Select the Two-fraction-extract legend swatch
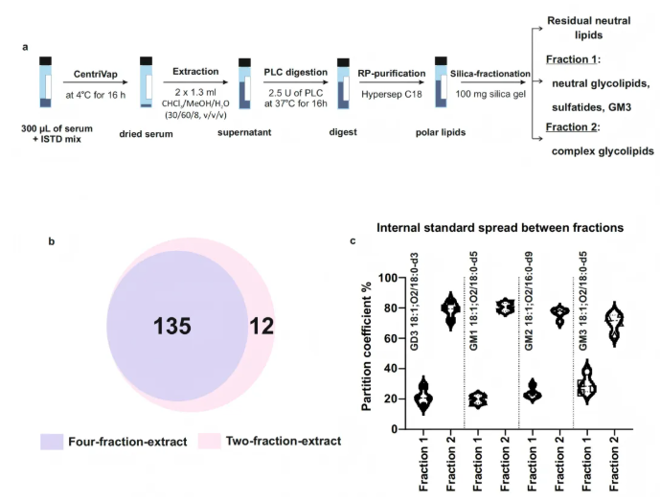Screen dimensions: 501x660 click(x=212, y=442)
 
